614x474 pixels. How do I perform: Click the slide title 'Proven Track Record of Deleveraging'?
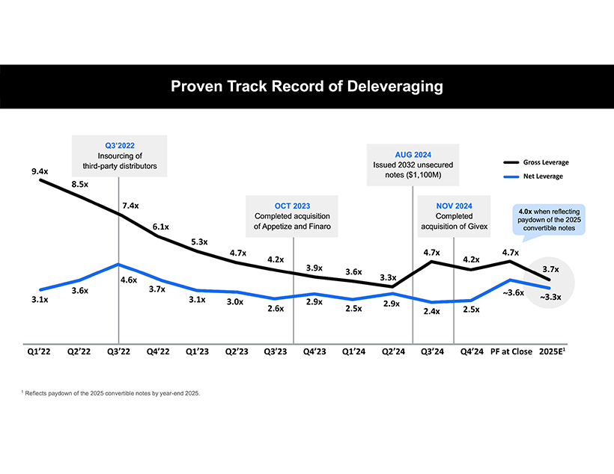pyautogui.click(x=307, y=86)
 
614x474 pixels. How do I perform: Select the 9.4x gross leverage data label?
pyautogui.click(x=40, y=171)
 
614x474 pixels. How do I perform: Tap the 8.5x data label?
pyautogui.click(x=81, y=183)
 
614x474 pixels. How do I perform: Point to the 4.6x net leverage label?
pyautogui.click(x=129, y=280)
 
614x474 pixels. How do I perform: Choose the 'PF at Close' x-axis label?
pyautogui.click(x=511, y=351)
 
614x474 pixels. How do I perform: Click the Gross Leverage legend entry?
pyautogui.click(x=545, y=162)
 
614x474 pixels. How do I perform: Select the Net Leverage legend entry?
pyautogui.click(x=543, y=176)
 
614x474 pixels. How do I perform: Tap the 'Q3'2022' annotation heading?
pyautogui.click(x=120, y=145)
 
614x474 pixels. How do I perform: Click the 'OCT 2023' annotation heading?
pyautogui.click(x=292, y=206)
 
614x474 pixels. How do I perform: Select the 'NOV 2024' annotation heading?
pyautogui.click(x=454, y=206)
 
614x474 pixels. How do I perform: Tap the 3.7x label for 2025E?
pyautogui.click(x=550, y=269)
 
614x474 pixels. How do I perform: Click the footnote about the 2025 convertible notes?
pyautogui.click(x=112, y=393)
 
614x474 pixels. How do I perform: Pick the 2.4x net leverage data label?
pyautogui.click(x=431, y=311)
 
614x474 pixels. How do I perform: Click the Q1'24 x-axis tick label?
pyautogui.click(x=353, y=351)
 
